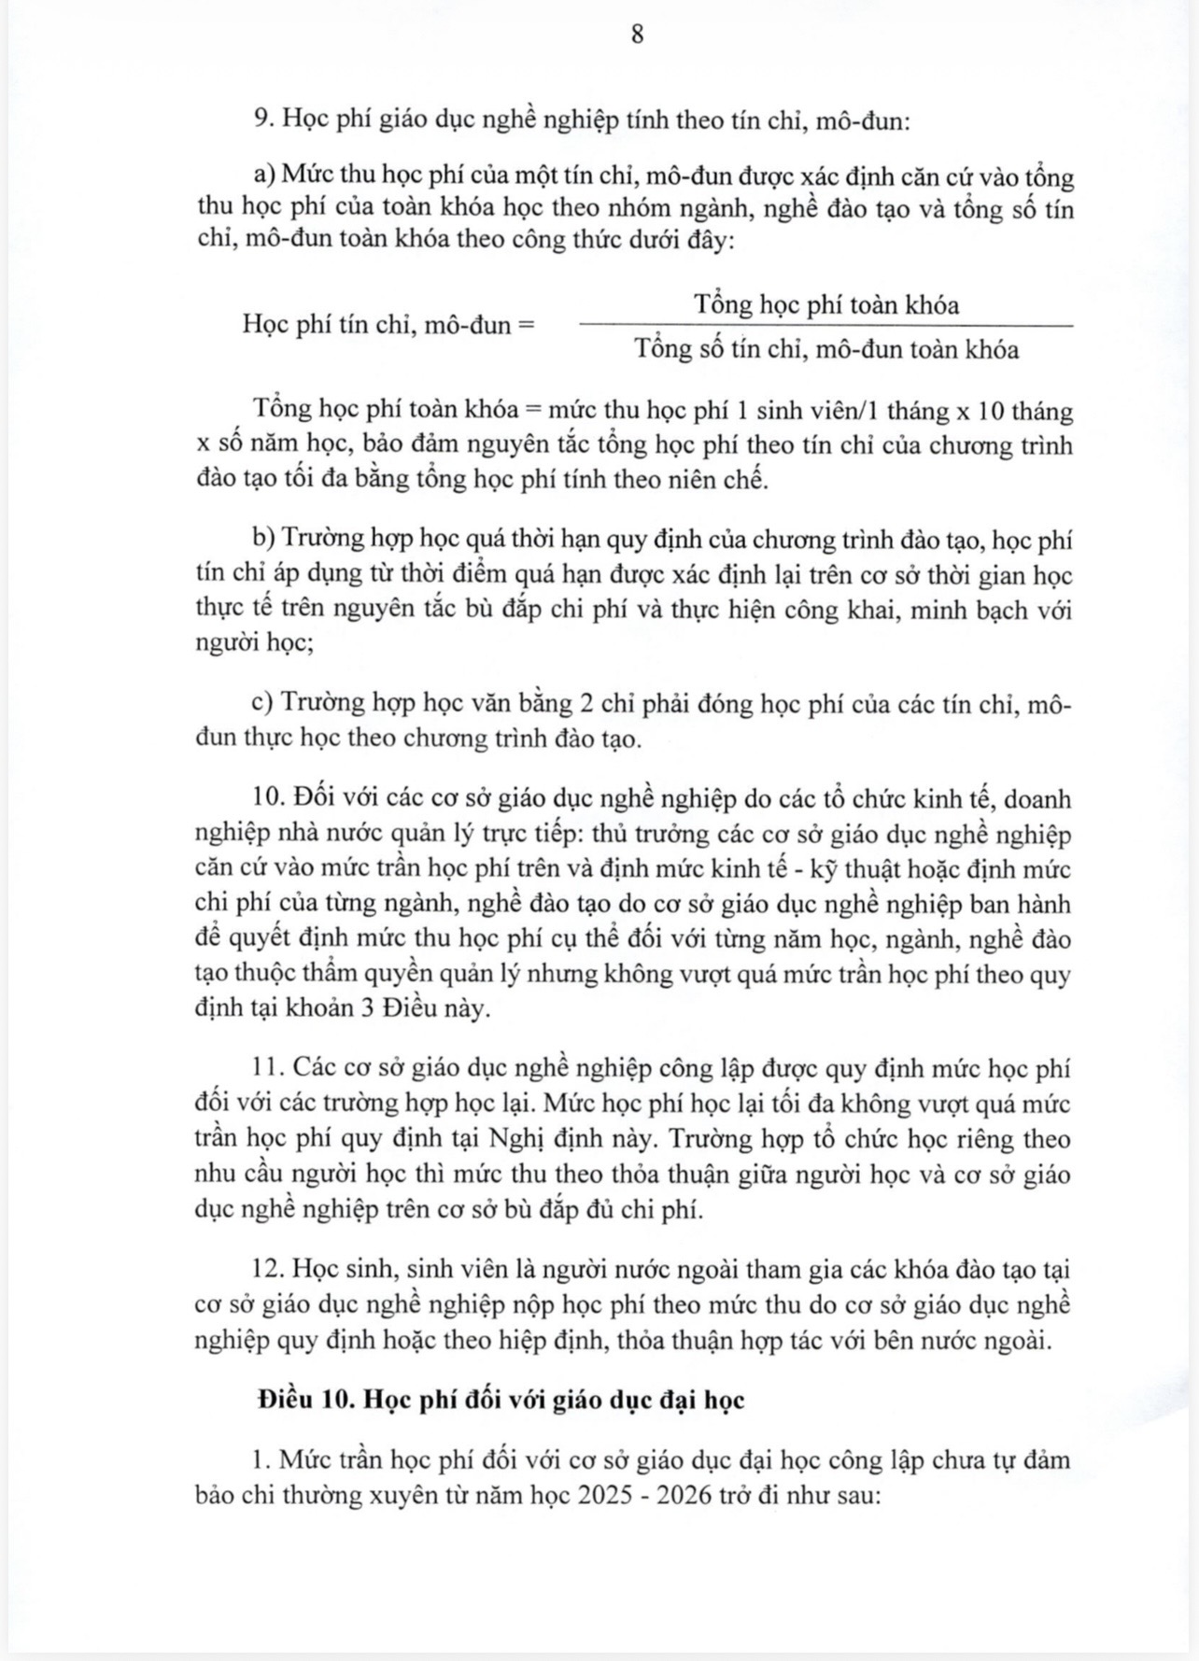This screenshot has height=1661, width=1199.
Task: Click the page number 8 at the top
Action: (x=638, y=35)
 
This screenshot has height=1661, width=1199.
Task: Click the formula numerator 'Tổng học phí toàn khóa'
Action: (x=826, y=304)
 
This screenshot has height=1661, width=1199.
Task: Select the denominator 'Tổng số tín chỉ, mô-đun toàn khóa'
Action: (x=826, y=350)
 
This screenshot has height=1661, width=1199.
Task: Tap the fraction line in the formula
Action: (x=826, y=327)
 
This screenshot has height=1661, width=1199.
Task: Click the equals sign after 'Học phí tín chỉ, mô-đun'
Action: (x=527, y=326)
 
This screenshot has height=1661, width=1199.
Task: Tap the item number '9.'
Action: (x=262, y=120)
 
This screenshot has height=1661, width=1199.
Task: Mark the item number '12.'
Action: (x=269, y=1270)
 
